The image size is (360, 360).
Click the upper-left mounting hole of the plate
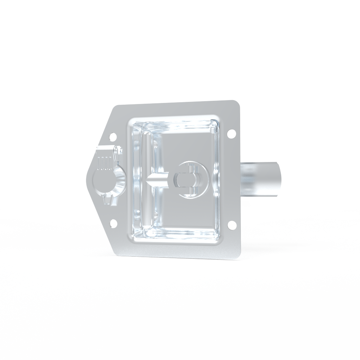tap(113, 137)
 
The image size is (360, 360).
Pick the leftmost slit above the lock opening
tap(100, 163)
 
